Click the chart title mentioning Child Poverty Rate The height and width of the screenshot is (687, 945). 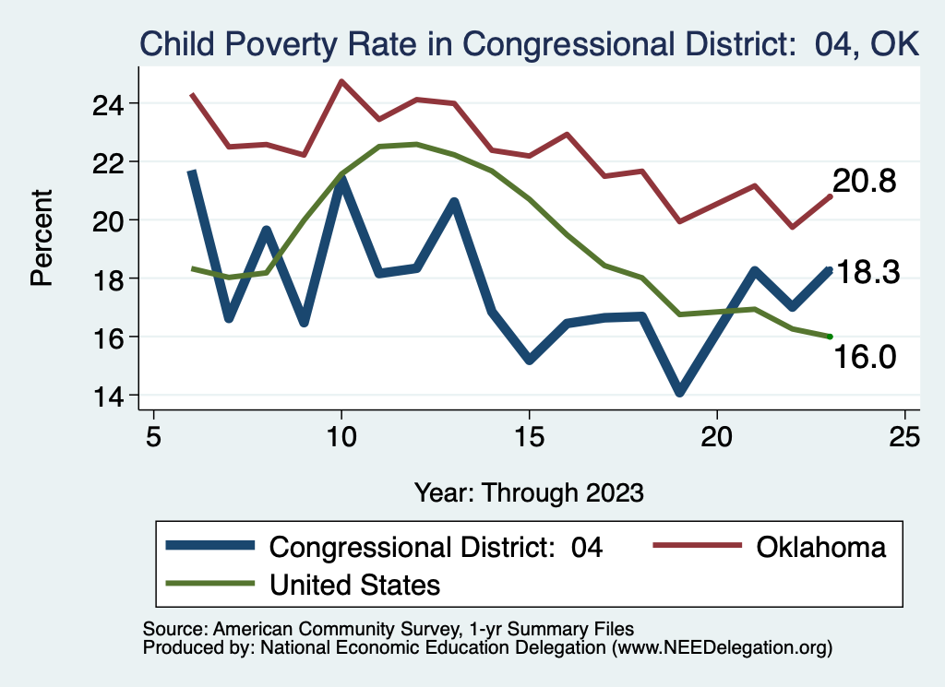tap(529, 43)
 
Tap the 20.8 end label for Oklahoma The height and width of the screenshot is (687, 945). tap(865, 182)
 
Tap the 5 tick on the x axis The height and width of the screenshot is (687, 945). tap(153, 435)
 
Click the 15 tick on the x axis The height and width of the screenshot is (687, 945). tap(530, 435)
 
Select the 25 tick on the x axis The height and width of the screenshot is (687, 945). tap(905, 435)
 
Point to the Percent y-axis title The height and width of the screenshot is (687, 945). tap(42, 237)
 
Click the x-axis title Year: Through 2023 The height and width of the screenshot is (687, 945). tap(529, 492)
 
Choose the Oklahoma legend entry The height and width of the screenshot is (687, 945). tap(820, 547)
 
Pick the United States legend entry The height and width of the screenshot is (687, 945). tap(354, 585)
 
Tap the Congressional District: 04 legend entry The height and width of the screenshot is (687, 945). tap(436, 547)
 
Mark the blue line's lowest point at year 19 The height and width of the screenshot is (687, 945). tap(680, 392)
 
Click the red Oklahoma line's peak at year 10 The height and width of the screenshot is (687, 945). tap(341, 81)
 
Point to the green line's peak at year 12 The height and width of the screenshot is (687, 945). tap(417, 144)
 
